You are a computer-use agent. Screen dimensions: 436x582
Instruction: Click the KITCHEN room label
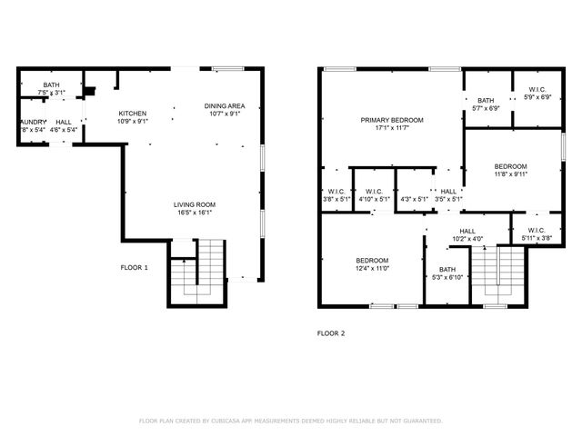coord(133,114)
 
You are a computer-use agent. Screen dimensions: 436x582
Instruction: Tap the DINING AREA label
coord(224,105)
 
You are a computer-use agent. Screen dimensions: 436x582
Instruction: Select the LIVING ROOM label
coord(194,205)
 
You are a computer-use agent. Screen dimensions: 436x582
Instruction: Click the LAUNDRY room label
coord(32,122)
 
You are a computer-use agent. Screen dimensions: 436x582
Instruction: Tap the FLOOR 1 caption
coord(135,267)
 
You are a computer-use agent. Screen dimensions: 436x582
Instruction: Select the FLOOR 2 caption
coord(331,333)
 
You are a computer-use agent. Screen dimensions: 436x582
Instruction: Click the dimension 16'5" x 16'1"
coord(194,213)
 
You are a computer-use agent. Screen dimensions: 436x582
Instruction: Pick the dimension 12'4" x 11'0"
coord(372,268)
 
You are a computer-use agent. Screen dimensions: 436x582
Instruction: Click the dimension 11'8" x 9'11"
coord(510,174)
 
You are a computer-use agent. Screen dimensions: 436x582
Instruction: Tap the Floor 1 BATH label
coord(50,85)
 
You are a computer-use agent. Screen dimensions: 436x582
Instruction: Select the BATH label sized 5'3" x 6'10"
coord(447,269)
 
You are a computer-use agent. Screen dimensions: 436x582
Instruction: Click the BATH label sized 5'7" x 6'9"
coord(486,100)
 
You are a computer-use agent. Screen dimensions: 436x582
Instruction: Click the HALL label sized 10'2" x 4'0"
coord(467,232)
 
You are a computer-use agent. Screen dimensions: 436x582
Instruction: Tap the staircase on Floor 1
coord(197,270)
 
